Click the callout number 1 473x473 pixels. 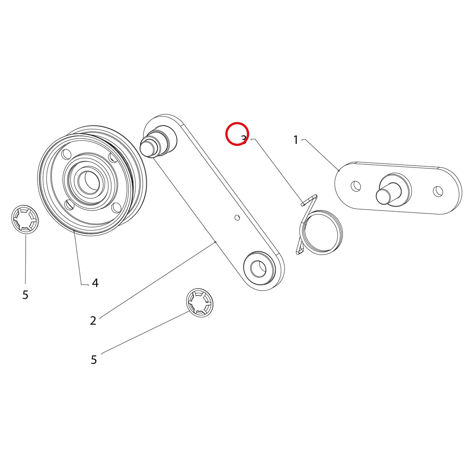[x=296, y=140]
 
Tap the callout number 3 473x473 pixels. [x=244, y=140]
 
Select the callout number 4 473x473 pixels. [x=95, y=283]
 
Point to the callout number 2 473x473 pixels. [x=93, y=320]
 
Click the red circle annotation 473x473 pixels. [x=237, y=134]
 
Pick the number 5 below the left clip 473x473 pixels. [x=25, y=294]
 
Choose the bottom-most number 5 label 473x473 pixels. [x=94, y=360]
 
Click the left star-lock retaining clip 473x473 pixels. [x=25, y=219]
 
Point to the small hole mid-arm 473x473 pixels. [x=237, y=218]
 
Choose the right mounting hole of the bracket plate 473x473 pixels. [x=438, y=191]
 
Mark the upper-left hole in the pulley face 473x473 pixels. [x=65, y=155]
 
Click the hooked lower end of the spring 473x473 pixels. [x=300, y=251]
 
